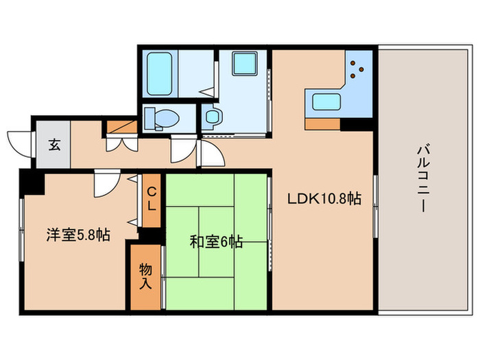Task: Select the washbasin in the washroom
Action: click(x=212, y=117)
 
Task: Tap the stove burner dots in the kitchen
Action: click(x=356, y=66)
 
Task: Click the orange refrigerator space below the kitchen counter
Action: click(x=323, y=124)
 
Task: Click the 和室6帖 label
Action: click(x=215, y=241)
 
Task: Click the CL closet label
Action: click(x=152, y=197)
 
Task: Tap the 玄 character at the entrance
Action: click(x=52, y=145)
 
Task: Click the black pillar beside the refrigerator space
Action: click(x=357, y=124)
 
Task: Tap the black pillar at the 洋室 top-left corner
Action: click(x=30, y=182)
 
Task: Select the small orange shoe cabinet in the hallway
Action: click(x=120, y=128)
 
